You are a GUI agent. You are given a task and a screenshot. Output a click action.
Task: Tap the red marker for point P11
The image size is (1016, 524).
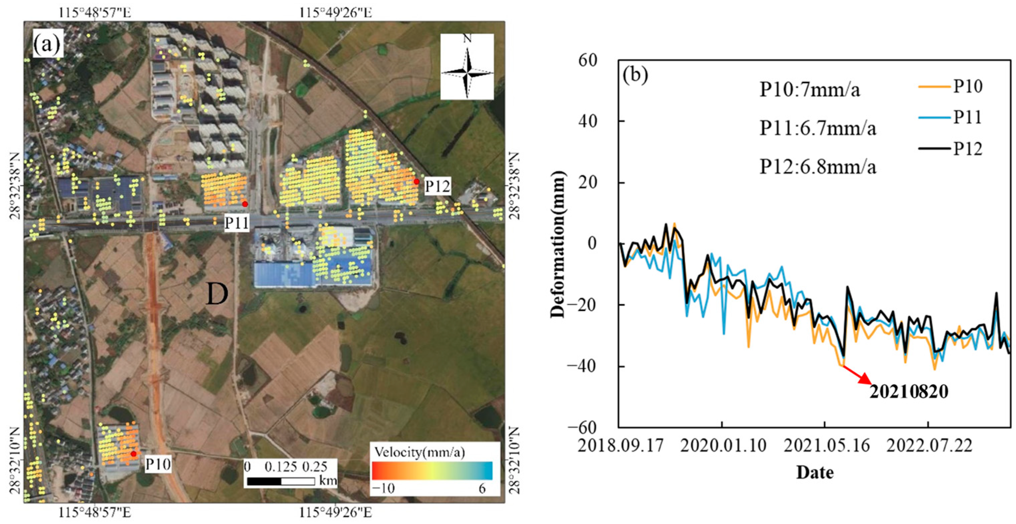click(245, 204)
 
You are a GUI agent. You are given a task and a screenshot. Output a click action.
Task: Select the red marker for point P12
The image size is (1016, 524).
click(417, 181)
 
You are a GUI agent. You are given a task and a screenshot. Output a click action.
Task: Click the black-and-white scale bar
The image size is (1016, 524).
click(281, 481)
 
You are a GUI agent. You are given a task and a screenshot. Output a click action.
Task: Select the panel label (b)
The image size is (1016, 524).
click(635, 76)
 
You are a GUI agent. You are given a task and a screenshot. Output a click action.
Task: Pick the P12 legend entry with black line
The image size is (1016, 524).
click(950, 149)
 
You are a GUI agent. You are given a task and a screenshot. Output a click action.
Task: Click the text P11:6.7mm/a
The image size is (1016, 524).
click(818, 128)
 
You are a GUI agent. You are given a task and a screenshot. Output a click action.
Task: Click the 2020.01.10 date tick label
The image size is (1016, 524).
click(723, 446)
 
